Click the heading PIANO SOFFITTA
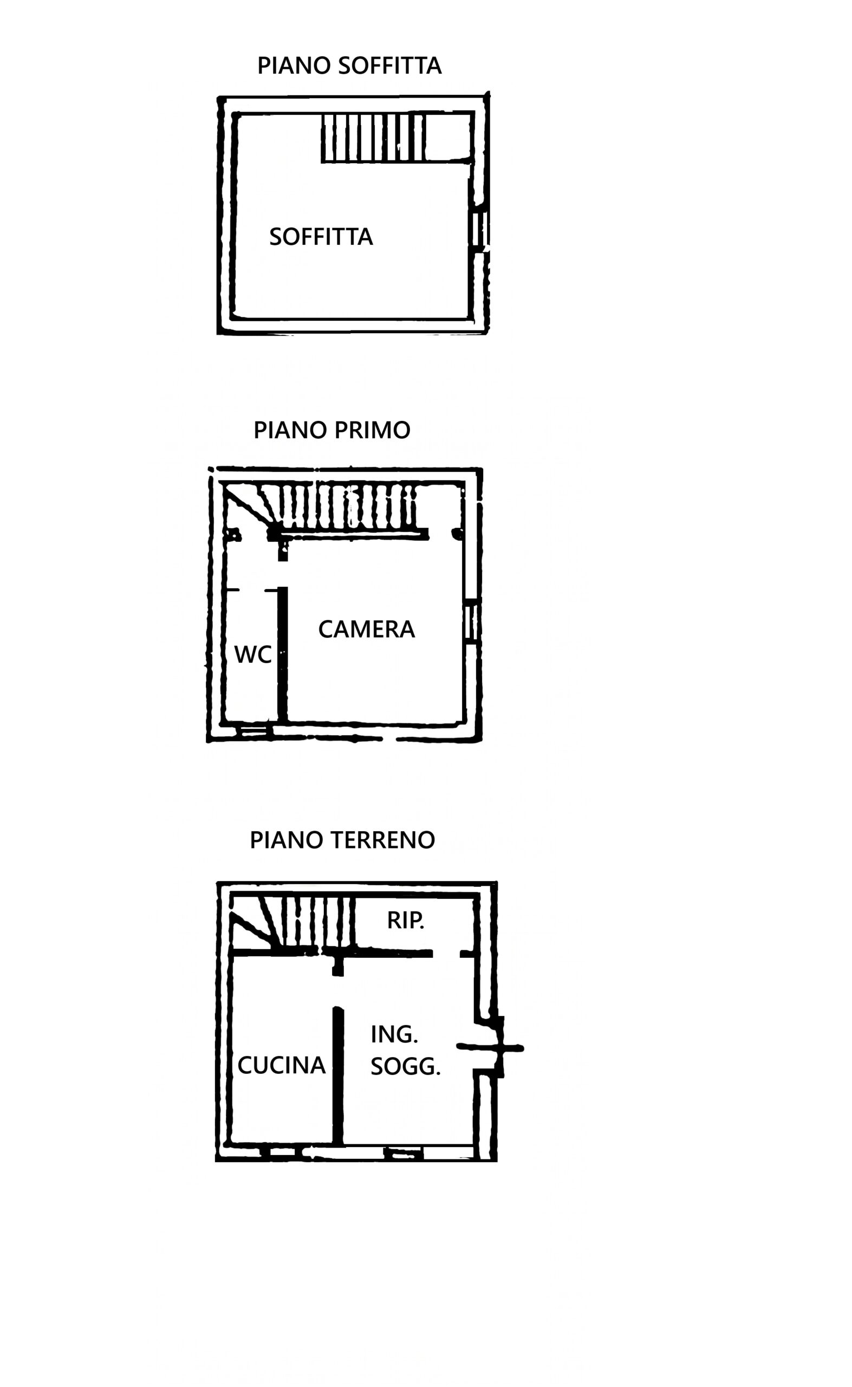pyautogui.click(x=349, y=66)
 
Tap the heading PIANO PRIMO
pyautogui.click(x=332, y=430)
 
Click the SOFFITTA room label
pyautogui.click(x=321, y=237)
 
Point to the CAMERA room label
pyautogui.click(x=366, y=629)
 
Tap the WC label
pyautogui.click(x=252, y=654)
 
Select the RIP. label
pyautogui.click(x=405, y=921)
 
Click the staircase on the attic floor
pyautogui.click(x=373, y=138)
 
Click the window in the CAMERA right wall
pyautogui.click(x=472, y=622)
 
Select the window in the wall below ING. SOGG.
pyautogui.click(x=403, y=1153)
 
